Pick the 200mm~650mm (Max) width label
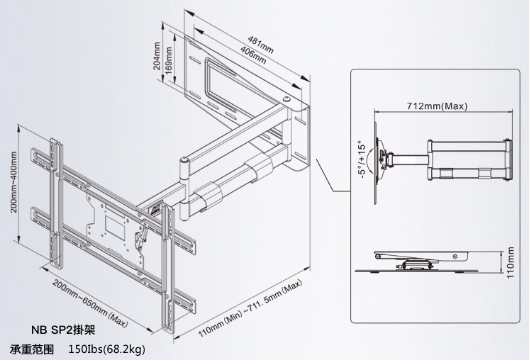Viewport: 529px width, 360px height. click(90, 300)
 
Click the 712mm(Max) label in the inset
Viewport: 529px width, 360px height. click(437, 106)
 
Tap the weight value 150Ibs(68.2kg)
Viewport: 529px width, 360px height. click(107, 349)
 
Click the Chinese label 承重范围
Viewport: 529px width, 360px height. click(32, 349)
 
